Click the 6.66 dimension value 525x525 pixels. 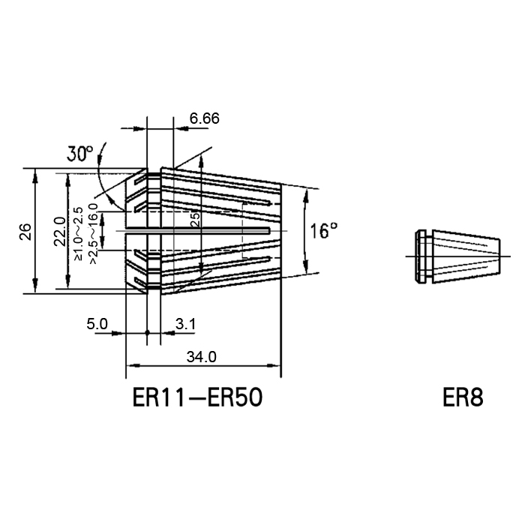pos(204,118)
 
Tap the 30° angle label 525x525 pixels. pos(79,154)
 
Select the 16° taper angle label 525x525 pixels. pos(323,231)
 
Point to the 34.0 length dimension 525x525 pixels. pos(202,357)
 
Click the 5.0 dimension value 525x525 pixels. pos(97,324)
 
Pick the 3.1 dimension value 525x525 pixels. pos(185,324)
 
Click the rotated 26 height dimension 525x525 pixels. pos(25,231)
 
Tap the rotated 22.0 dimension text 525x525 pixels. pos(60,231)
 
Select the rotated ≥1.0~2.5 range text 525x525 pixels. pos(78,233)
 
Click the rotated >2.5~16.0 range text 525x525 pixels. pos(94,233)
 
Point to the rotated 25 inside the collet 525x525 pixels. pos(194,220)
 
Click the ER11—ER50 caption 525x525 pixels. pos(197,397)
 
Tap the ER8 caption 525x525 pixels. pos(463,397)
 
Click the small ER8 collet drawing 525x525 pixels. pos(457,256)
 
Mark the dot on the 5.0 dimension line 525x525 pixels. pos(147,333)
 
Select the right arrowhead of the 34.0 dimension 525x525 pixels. pos(274,366)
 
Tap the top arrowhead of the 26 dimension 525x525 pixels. pos(35,176)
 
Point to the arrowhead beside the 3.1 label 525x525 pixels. pos(168,333)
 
